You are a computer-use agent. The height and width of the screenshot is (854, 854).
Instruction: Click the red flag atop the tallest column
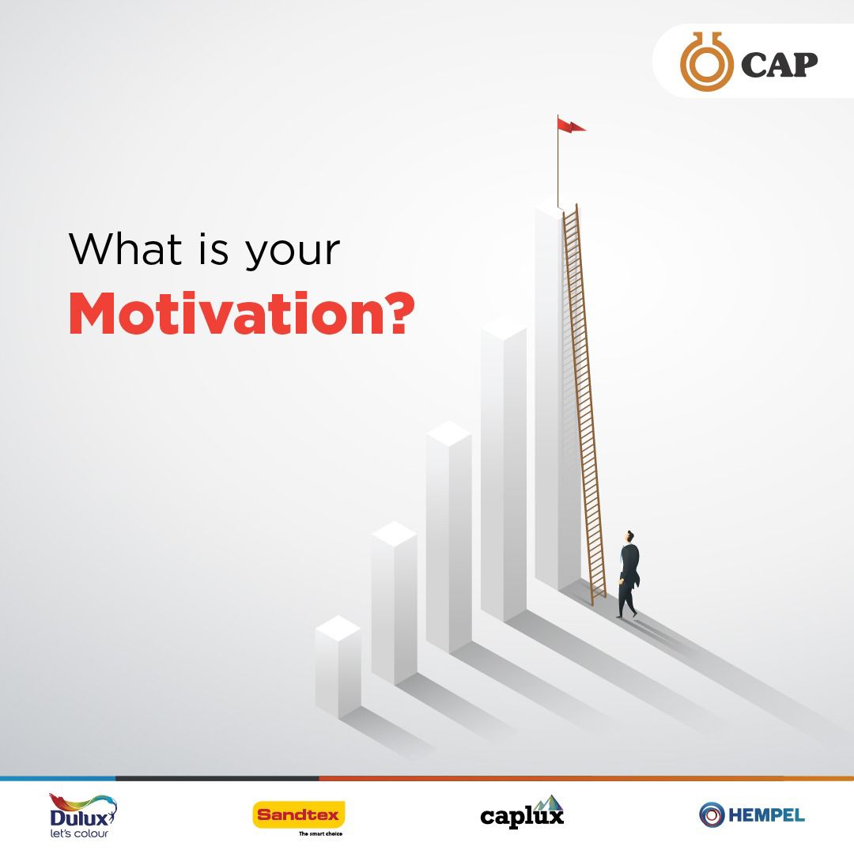571,125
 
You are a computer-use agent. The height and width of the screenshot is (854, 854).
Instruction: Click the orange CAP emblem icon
705,61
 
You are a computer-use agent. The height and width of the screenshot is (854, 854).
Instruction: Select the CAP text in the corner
778,64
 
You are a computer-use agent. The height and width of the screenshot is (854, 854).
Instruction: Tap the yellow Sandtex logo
299,814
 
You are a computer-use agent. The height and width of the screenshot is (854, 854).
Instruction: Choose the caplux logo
522,814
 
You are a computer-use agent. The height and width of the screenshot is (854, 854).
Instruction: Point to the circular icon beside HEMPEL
712,814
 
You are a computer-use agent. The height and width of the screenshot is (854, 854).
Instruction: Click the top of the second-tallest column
503,329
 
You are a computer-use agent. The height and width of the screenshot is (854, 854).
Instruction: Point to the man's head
629,536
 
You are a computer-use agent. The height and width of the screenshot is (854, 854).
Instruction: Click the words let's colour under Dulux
78,833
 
